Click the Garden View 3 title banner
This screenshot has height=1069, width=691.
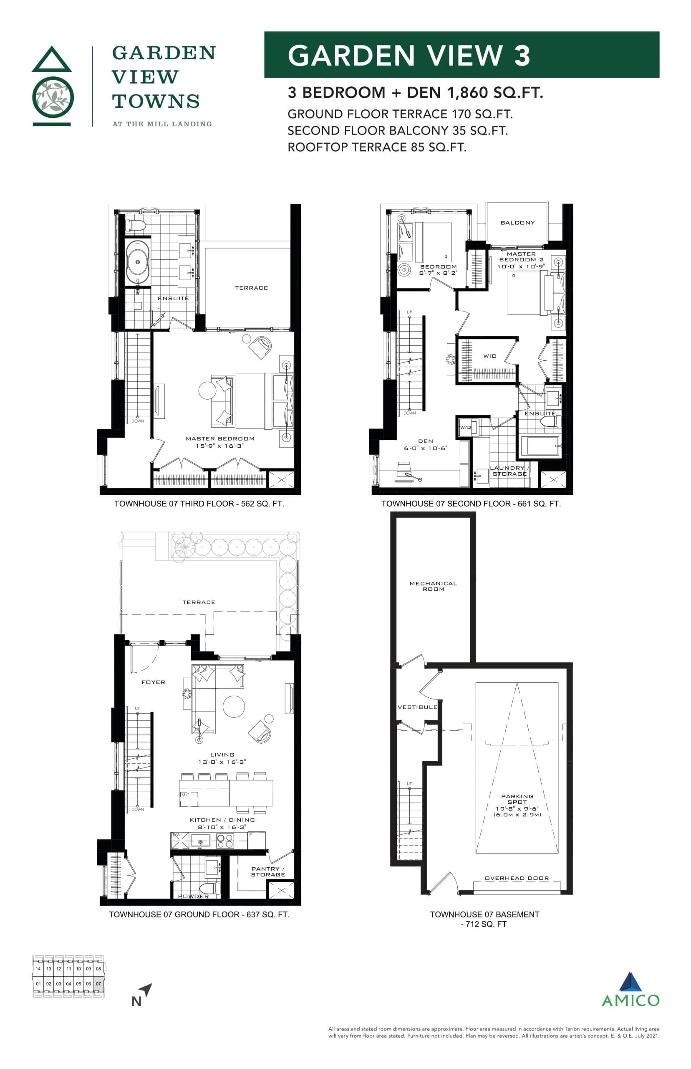coord(461,55)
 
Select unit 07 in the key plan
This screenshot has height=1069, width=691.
coord(98,984)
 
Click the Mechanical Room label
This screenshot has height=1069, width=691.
coord(433,586)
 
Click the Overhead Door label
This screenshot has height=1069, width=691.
coord(517,878)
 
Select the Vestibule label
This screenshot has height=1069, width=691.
coord(417,707)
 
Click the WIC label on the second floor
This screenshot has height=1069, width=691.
coord(489,356)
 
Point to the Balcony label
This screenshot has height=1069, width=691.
coord(517,223)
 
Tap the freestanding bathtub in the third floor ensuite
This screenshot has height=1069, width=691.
coord(138,262)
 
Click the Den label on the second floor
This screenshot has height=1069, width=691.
coord(425,441)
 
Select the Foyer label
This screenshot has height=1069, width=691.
coord(153,682)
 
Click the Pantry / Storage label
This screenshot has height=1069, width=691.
coord(267,871)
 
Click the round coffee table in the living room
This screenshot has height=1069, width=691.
coord(234,706)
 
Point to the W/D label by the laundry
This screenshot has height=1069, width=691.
coord(465,427)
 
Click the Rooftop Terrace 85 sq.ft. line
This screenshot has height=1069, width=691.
coord(376,147)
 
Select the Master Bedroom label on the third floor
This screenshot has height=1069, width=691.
coord(220,438)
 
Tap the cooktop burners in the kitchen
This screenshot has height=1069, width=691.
coord(225,841)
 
